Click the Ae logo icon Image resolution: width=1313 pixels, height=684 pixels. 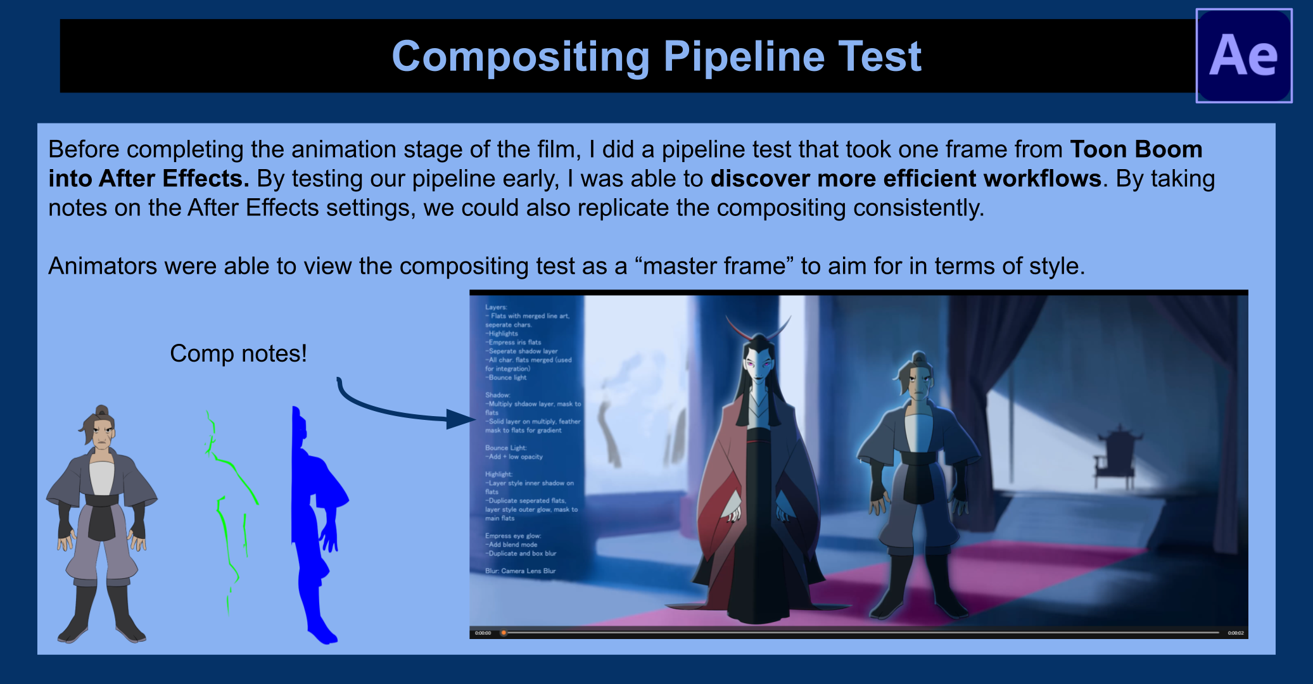pos(1243,56)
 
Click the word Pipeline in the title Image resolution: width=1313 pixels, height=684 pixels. pos(744,57)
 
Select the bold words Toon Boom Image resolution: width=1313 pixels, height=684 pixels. pos(1136,149)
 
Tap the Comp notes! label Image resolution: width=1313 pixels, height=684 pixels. pos(238,353)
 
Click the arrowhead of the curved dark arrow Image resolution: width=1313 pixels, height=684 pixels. pos(460,419)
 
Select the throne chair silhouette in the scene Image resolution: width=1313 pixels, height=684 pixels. pos(1119,456)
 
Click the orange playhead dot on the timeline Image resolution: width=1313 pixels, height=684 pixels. pos(504,633)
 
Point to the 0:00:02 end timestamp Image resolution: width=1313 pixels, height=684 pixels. pos(1235,633)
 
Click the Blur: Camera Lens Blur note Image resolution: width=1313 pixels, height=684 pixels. pos(520,571)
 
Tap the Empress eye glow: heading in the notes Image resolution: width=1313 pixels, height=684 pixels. pos(513,536)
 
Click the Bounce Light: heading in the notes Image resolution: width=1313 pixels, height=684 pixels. pos(505,448)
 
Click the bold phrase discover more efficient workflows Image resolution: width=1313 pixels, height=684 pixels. pos(906,179)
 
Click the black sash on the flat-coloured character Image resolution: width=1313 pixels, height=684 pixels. pos(101,516)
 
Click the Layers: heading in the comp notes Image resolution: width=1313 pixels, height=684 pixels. pos(496,307)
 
